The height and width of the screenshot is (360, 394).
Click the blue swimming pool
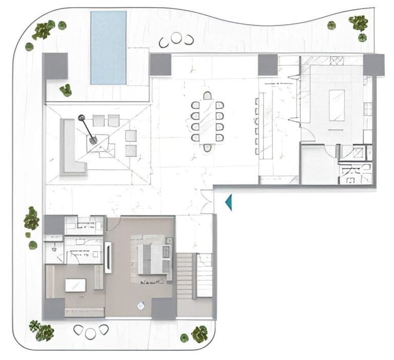coord(108,47)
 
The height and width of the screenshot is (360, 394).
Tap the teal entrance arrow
coord(229,202)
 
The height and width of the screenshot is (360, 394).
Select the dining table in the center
coord(207,122)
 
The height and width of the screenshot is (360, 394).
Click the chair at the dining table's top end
coord(207,95)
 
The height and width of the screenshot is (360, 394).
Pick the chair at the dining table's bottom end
coord(207,148)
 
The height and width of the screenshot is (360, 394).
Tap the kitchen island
coord(337,105)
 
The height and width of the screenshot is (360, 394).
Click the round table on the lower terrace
coord(91,333)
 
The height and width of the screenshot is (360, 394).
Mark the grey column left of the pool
coord(55,66)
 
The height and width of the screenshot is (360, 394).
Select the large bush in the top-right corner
coord(358,23)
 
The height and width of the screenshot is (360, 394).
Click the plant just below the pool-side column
coord(66,90)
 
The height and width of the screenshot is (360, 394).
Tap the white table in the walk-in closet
coord(75,285)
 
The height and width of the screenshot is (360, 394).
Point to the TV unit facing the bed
coord(108,257)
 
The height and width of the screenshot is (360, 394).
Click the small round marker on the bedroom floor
coord(141,306)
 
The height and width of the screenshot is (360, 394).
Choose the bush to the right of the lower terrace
coord(199,334)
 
